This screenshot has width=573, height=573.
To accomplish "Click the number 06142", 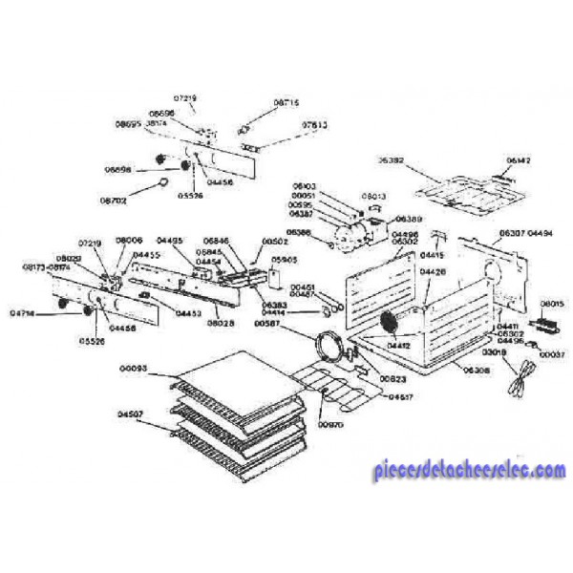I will click(518, 159).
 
